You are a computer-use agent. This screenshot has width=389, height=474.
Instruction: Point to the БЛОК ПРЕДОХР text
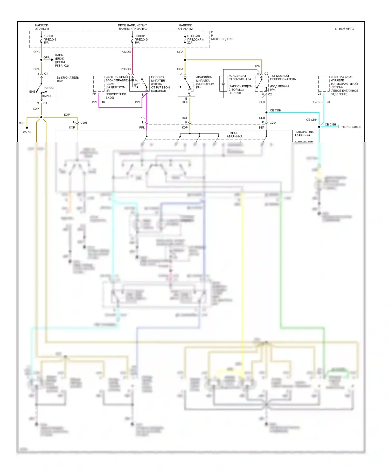pyautogui.click(x=222, y=39)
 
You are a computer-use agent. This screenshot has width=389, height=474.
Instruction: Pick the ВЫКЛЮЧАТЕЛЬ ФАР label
pyautogui.click(x=67, y=79)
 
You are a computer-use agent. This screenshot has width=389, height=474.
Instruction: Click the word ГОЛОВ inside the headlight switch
pyautogui.click(x=48, y=88)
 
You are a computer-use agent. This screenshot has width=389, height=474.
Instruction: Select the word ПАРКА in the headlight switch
pyautogui.click(x=47, y=96)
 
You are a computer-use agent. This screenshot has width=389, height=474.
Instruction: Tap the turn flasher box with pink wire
pyautogui.click(x=139, y=84)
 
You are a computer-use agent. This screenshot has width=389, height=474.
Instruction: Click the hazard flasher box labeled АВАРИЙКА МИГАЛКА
pyautogui.click(x=186, y=86)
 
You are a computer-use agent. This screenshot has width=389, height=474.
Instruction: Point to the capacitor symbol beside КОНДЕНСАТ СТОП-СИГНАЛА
pyautogui.click(x=223, y=84)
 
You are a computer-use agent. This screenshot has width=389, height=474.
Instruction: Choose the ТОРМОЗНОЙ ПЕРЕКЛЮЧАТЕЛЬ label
pyautogui.click(x=283, y=78)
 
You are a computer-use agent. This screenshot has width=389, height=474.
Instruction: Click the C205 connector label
pyautogui.click(x=84, y=123)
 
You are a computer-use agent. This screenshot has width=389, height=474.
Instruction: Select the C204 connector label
pyautogui.click(x=273, y=123)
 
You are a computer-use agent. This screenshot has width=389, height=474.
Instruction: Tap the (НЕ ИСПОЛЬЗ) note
pyautogui.click(x=351, y=127)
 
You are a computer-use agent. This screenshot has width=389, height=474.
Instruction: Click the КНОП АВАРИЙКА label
pyautogui.click(x=234, y=135)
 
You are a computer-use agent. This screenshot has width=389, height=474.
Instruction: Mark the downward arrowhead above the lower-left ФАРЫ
pyautogui.click(x=27, y=128)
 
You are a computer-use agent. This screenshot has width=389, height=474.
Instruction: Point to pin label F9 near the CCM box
pyautogui.click(x=94, y=94)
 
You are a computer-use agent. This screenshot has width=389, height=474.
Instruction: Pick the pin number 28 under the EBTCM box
pyautogui.click(x=319, y=94)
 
